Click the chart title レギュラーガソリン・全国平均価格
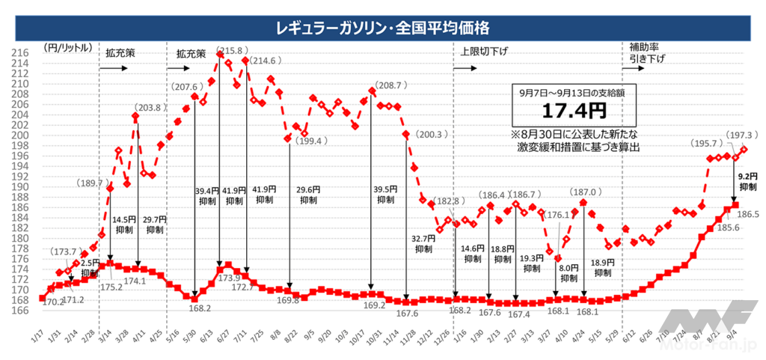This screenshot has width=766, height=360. (x=382, y=28)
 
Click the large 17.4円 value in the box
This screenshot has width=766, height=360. (x=563, y=113)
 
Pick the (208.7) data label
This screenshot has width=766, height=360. (x=390, y=86)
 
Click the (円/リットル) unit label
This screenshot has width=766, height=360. (x=69, y=47)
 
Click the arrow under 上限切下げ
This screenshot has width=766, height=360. (x=464, y=67)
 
